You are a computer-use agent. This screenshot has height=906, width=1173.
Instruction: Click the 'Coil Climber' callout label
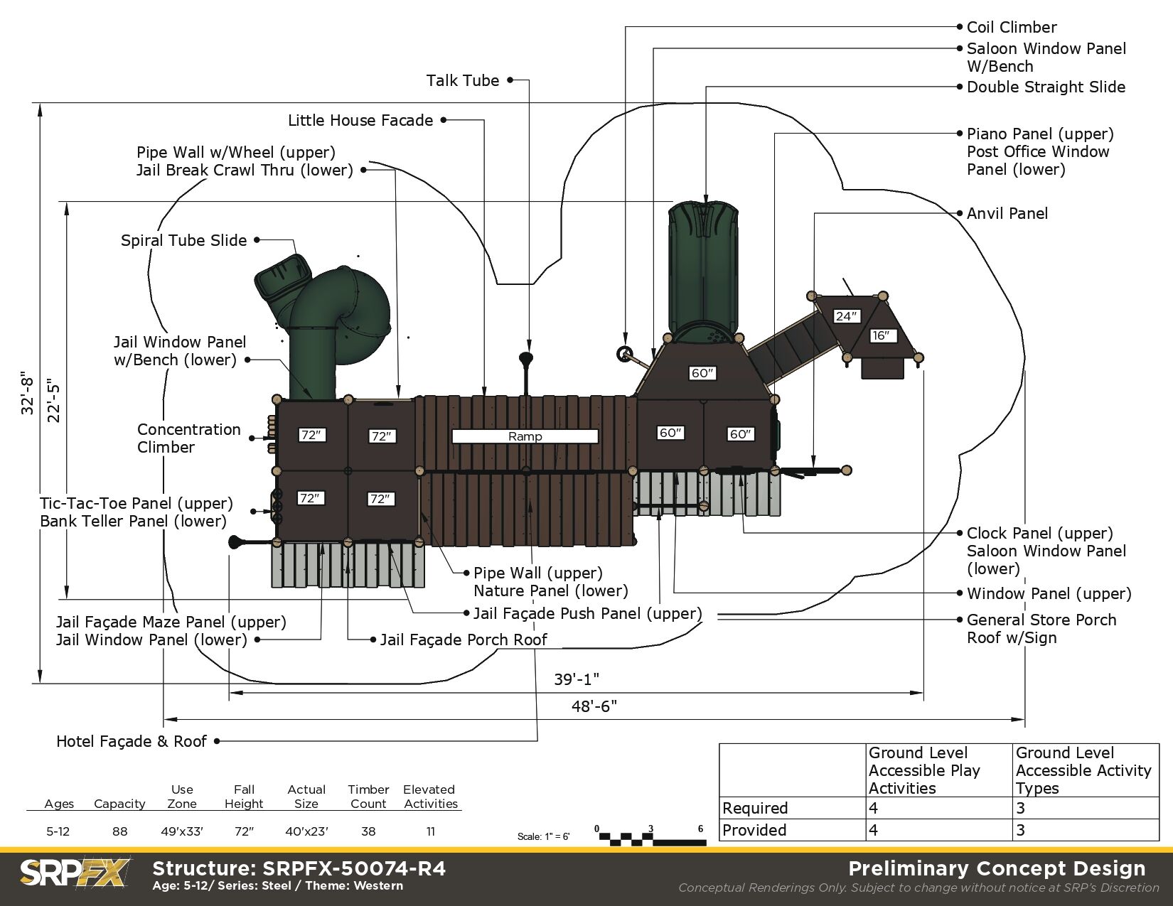click(x=1011, y=28)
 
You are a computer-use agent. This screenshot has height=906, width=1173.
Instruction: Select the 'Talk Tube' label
click(x=463, y=81)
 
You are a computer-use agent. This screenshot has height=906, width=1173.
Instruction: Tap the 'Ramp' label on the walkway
click(x=525, y=436)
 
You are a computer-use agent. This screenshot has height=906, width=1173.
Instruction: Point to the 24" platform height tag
click(x=846, y=316)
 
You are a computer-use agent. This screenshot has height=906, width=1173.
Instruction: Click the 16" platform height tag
click(x=881, y=335)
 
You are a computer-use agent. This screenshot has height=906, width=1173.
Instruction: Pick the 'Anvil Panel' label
click(x=1007, y=213)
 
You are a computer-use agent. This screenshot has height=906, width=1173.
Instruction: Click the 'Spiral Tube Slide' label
click(x=183, y=241)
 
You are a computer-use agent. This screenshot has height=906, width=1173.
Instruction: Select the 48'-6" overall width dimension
click(x=594, y=706)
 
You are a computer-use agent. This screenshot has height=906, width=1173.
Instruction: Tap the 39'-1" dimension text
click(x=577, y=679)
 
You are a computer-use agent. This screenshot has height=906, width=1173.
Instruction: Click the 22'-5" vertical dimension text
click(x=54, y=402)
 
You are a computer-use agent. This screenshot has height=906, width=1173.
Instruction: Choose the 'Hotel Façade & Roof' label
click(x=132, y=742)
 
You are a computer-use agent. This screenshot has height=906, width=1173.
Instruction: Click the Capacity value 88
click(x=119, y=831)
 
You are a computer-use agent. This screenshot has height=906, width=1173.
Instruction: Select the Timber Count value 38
click(x=368, y=831)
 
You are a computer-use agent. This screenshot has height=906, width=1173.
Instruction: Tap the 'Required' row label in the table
click(x=755, y=809)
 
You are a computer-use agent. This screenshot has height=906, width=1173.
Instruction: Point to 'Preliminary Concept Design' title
click(x=997, y=868)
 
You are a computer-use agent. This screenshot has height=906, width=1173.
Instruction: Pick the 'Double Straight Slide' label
click(x=1046, y=87)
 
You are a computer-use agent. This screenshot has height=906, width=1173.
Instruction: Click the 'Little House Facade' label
click(x=360, y=121)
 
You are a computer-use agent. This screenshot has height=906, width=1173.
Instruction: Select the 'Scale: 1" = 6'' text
click(x=543, y=836)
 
